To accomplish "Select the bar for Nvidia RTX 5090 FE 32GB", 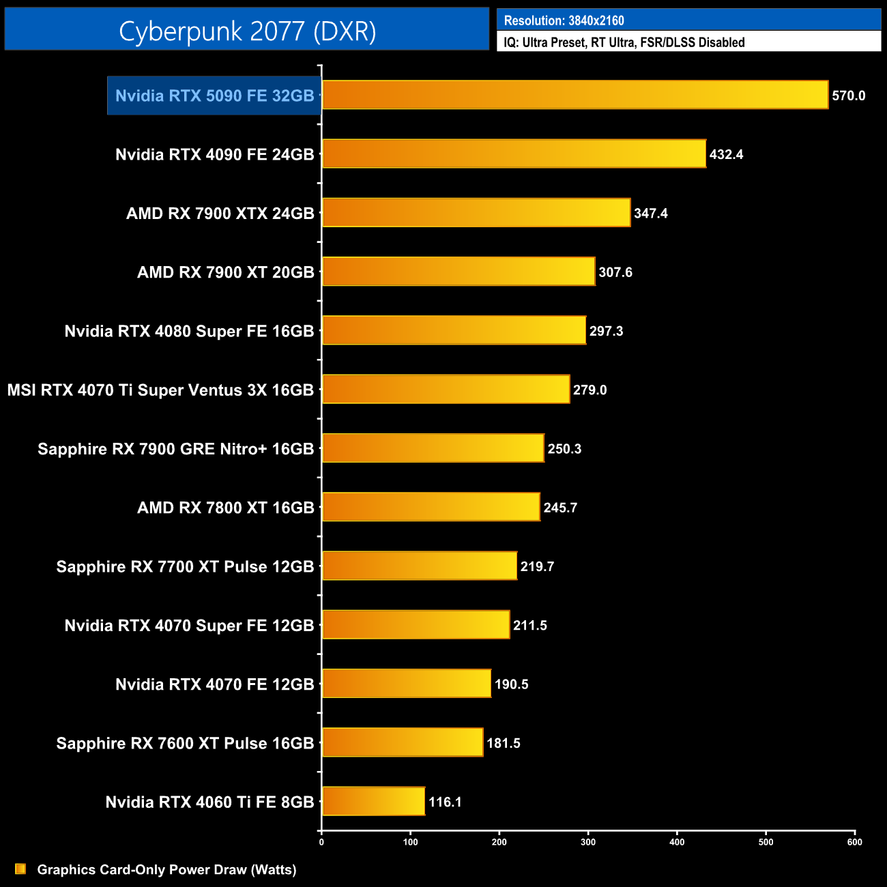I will [575, 95].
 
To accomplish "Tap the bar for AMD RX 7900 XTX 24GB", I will [476, 213].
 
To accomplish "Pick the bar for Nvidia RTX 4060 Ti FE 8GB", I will [373, 802].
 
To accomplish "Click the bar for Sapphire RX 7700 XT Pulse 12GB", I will [419, 566].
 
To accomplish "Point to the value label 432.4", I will [726, 155].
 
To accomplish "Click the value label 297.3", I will [606, 332].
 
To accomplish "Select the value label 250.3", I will [564, 449].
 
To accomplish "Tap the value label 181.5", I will [504, 744].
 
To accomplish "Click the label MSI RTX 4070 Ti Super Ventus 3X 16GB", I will [160, 390].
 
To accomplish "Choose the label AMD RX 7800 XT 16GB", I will [225, 508].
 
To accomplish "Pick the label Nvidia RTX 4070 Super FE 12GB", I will [189, 626].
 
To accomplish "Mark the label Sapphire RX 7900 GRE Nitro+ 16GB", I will [175, 449].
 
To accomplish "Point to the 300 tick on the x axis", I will [588, 842].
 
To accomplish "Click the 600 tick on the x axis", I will [854, 842].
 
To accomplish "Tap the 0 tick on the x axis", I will [321, 842].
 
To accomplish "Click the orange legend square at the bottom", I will [20, 869].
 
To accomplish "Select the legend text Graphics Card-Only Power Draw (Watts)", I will [166, 870].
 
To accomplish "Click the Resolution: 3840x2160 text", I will [564, 20].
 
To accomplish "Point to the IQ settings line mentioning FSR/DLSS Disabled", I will [624, 42].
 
